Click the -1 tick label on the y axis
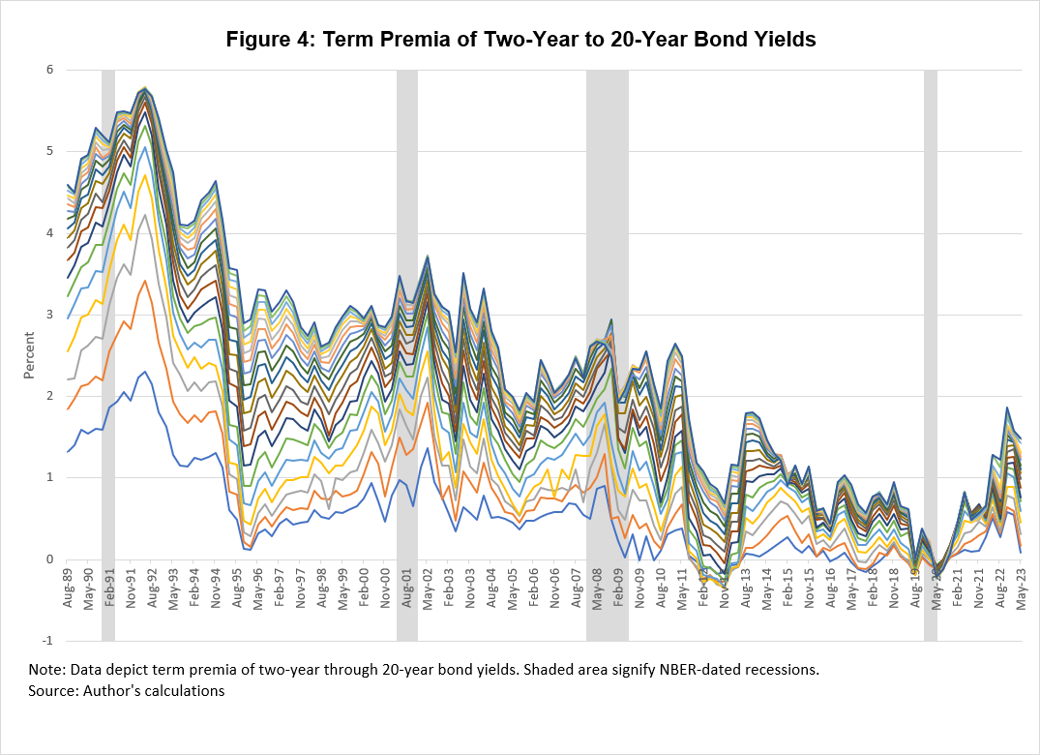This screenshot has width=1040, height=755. pyautogui.click(x=45, y=641)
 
